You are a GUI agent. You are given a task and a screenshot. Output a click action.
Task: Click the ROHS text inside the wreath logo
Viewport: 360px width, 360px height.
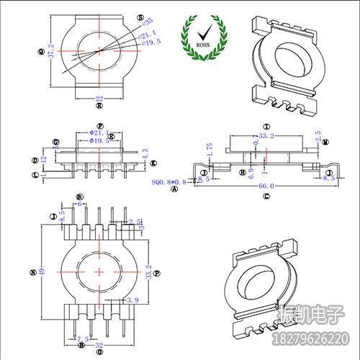(202, 43)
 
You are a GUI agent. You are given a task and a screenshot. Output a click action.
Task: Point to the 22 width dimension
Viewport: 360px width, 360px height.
(99, 97)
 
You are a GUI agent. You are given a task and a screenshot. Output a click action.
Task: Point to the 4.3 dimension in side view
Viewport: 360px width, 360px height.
(145, 153)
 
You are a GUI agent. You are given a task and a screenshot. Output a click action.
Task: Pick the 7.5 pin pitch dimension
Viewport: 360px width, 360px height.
(81, 338)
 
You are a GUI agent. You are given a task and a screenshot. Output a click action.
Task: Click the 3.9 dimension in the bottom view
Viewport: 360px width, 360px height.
(132, 299)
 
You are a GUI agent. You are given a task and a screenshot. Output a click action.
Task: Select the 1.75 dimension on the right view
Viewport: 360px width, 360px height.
(210, 148)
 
